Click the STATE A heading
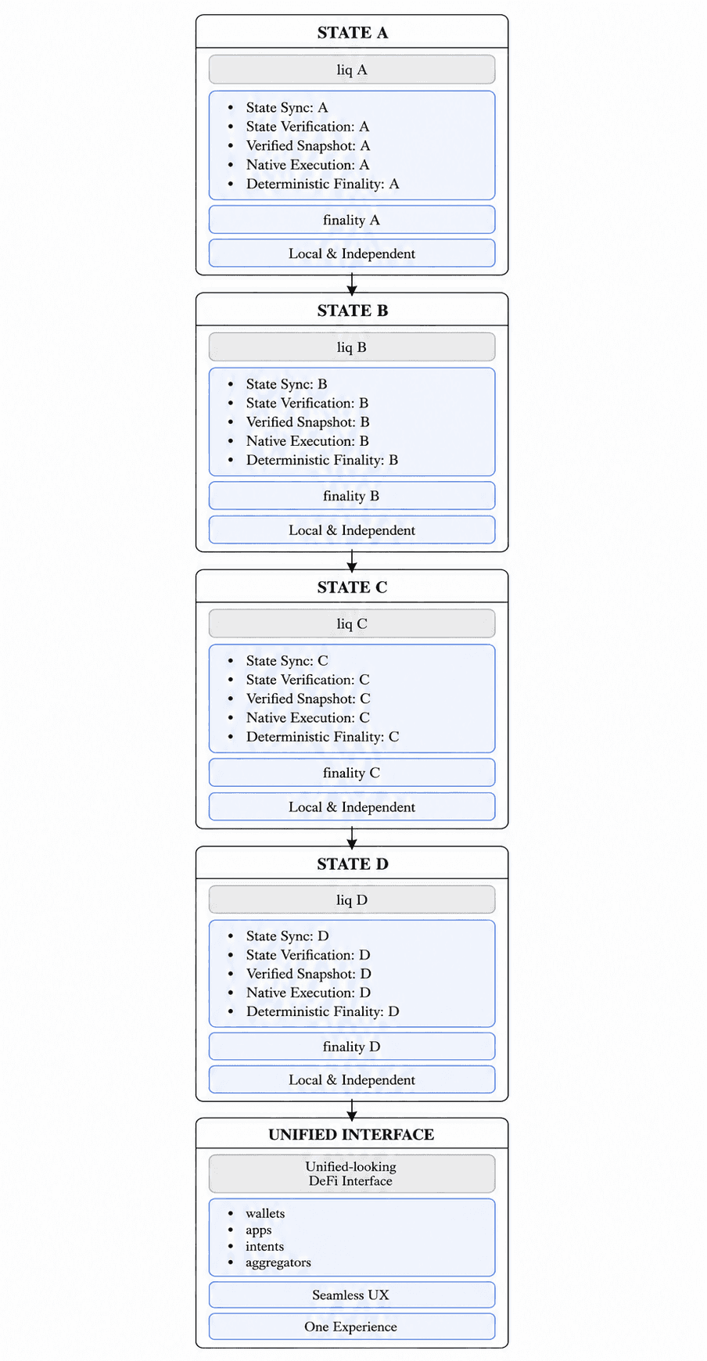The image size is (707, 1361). point(352,33)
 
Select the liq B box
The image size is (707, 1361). point(352,347)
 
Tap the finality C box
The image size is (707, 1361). point(352,773)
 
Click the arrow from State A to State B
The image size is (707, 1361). point(352,284)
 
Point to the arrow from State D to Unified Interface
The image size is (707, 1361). point(352,1110)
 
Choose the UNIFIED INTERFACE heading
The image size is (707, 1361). point(351,1134)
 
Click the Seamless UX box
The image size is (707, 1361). point(352,1295)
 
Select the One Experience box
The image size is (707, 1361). point(352,1327)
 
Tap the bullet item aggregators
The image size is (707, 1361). point(278,1262)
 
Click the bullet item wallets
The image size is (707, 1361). point(265,1213)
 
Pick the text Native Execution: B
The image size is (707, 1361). point(307,441)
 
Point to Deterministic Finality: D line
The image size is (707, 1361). point(323,1011)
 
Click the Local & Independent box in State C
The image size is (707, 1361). point(352,806)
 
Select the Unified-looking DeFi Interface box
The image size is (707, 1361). point(352,1173)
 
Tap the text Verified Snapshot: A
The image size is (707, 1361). point(308,145)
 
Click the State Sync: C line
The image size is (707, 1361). point(287,661)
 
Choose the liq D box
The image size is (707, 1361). point(352,900)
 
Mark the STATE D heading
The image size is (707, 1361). point(353,864)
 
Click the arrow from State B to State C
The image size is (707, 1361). point(352,561)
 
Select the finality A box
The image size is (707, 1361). point(352,220)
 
